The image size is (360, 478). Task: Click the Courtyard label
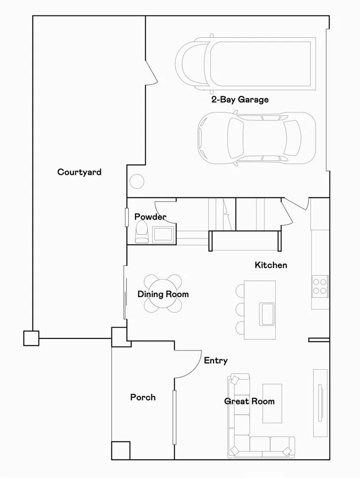(79, 172)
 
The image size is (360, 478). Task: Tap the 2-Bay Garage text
(240, 99)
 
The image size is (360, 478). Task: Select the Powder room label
(150, 217)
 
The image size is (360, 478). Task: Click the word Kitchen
(271, 265)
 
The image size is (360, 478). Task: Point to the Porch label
(143, 397)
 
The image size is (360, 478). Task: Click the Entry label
(216, 360)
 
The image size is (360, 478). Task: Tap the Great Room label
(249, 401)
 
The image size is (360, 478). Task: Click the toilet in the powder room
(141, 232)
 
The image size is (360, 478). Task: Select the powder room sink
(163, 233)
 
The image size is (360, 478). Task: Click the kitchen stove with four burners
(320, 286)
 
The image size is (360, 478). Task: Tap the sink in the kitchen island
(267, 314)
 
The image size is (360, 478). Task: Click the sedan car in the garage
(256, 138)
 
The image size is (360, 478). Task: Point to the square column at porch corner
(120, 450)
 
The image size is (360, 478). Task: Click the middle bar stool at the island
(240, 309)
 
